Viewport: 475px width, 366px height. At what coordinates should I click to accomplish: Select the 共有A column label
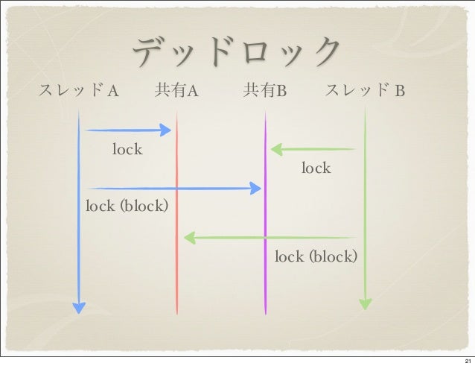coord(175,92)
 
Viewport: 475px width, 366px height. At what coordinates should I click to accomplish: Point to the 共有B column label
coord(266,92)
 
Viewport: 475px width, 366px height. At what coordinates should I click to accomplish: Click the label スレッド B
coord(365,92)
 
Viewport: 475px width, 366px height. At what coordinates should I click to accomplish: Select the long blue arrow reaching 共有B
coord(171,189)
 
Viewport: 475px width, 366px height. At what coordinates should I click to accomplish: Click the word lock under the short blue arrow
coord(127,150)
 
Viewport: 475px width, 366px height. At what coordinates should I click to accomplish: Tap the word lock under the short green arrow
coord(316,168)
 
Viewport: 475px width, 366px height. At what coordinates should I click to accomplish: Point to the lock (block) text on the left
coord(127,206)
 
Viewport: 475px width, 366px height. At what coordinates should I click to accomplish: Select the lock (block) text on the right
coord(316,257)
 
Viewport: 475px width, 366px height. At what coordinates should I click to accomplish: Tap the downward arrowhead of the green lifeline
coord(365,303)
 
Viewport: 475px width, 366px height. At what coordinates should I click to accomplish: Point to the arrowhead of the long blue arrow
coord(255,189)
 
